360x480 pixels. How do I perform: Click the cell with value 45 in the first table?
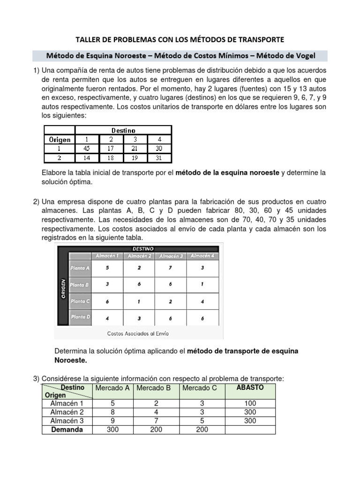tap(86, 149)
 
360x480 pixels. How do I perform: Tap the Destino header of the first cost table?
tap(123, 130)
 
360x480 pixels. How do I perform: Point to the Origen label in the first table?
tap(60, 139)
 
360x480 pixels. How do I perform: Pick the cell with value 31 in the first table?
tap(159, 157)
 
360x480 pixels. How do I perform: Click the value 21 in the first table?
tap(135, 149)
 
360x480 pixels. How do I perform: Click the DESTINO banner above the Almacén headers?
tap(143, 248)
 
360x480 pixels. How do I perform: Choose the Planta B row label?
tap(80, 285)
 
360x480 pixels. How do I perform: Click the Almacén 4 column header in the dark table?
tap(202, 256)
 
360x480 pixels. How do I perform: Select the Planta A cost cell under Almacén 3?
tap(170, 268)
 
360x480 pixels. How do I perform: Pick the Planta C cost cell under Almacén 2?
tap(139, 301)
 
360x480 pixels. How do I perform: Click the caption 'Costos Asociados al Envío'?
tap(138, 334)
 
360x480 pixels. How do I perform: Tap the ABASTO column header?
tap(250, 388)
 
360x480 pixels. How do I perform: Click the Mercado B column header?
tap(153, 388)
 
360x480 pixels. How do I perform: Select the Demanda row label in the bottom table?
tap(67, 429)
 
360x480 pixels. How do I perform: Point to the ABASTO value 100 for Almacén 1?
tap(250, 403)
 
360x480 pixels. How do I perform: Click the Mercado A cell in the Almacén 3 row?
tap(112, 420)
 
